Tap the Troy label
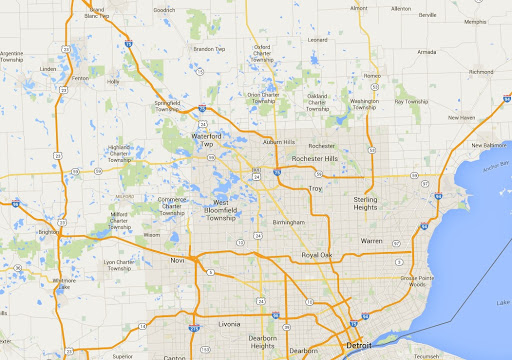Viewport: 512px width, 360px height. coord(315,188)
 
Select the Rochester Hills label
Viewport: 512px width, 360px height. coord(316,157)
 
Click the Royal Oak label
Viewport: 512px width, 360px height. coord(316,255)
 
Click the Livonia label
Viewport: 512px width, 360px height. coord(229,324)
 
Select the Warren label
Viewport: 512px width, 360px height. coord(371,241)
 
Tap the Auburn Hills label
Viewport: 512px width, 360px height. coord(279,142)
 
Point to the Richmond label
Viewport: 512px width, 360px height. coord(481,72)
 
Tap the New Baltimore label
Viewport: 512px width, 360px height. coord(490,145)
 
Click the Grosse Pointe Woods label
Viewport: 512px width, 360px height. coord(414,280)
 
